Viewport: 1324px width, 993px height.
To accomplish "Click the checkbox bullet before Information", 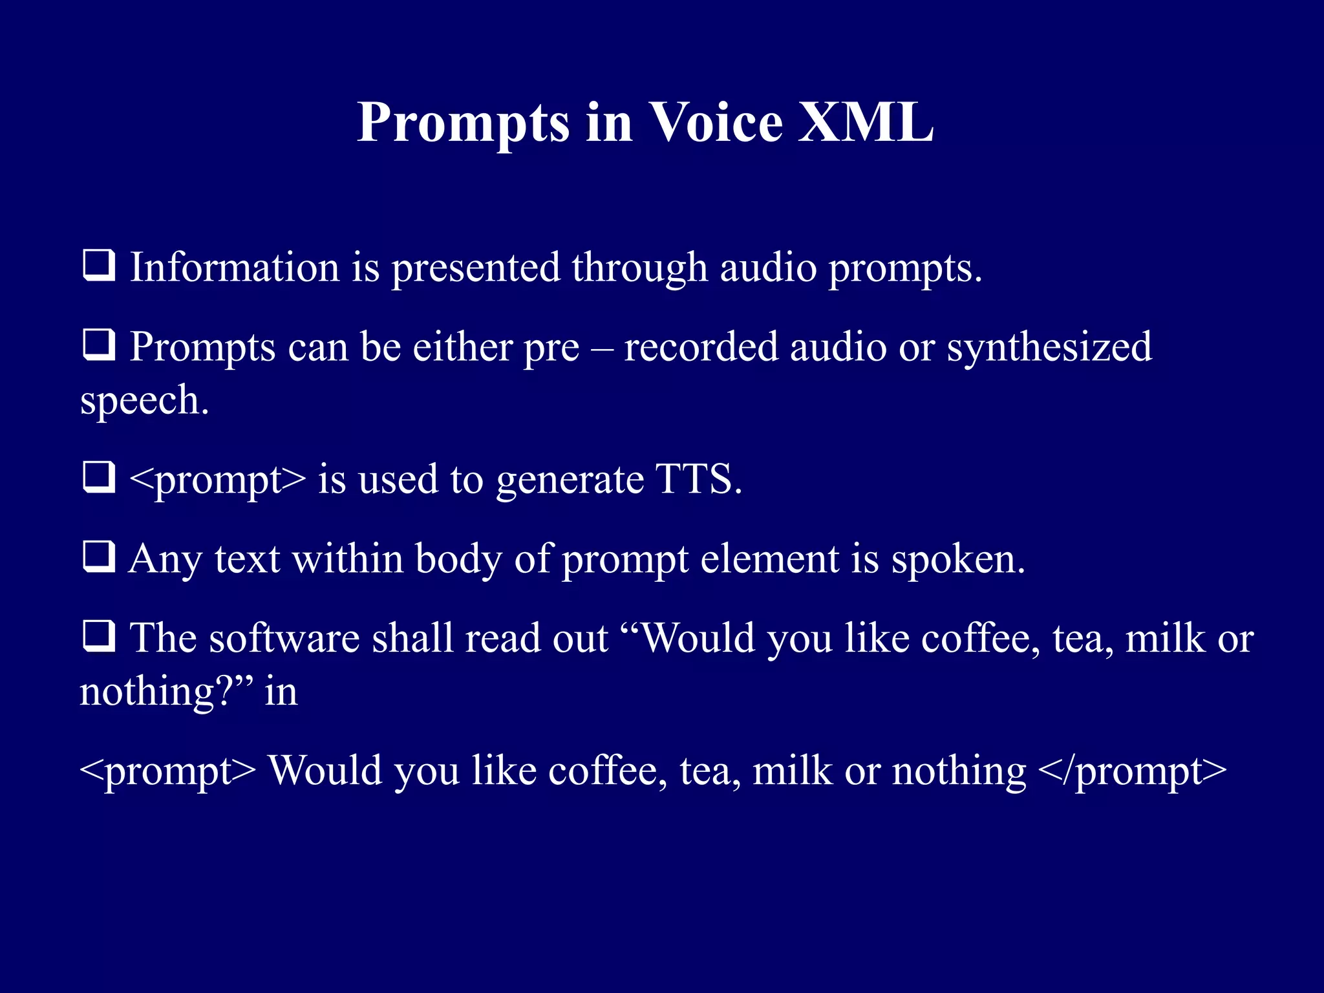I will point(99,266).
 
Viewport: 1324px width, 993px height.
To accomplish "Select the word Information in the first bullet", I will point(235,267).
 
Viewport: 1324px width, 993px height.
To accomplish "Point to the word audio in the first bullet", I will point(768,267).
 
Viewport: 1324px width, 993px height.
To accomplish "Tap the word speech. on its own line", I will point(144,400).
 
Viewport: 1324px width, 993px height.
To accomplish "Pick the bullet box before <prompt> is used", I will point(99,478).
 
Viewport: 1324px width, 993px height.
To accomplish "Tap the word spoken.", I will point(958,559).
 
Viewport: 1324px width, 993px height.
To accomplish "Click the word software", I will point(284,639).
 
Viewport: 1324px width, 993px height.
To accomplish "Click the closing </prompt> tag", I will point(1131,771).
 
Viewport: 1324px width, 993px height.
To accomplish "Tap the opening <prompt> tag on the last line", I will point(167,771).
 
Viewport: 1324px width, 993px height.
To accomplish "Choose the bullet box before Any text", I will point(99,557).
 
